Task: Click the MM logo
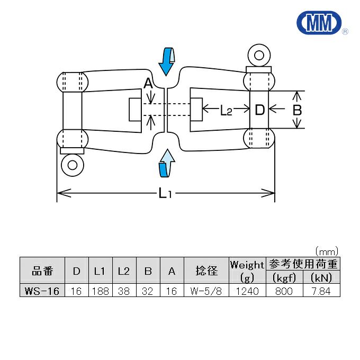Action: [x=319, y=23]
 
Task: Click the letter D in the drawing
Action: [x=259, y=110]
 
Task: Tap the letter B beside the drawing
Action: [x=297, y=110]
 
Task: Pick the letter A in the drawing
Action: [x=148, y=84]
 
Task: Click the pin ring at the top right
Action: [x=259, y=55]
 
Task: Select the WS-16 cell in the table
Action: [x=42, y=291]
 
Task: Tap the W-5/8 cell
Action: [x=206, y=291]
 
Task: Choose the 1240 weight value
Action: [x=247, y=291]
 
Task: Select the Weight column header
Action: [x=247, y=264]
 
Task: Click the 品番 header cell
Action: [x=42, y=271]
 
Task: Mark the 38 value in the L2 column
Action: [x=124, y=291]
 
